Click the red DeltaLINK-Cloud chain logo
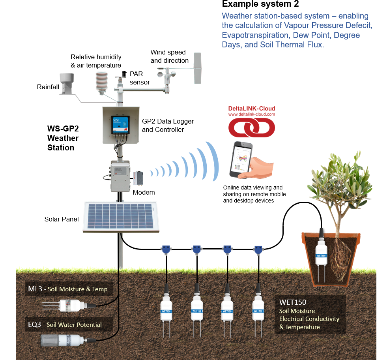tap(252, 127)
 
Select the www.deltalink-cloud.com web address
tap(252, 114)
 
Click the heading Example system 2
tap(260, 4)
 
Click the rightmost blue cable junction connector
tap(258, 249)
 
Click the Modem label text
tap(144, 192)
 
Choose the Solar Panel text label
tap(62, 219)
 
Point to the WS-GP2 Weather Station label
tap(63, 138)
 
